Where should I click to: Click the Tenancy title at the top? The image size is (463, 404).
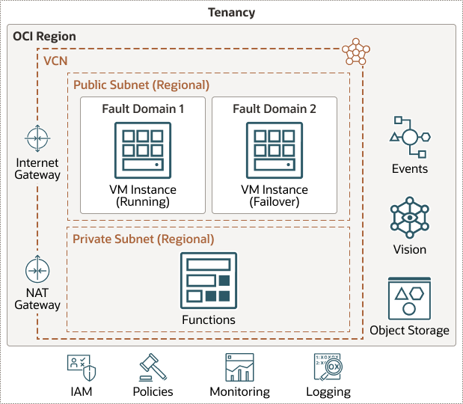pyautogui.click(x=231, y=12)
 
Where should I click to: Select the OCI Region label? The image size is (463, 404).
pyautogui.click(x=44, y=36)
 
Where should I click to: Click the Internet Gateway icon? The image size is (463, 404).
pyautogui.click(x=37, y=138)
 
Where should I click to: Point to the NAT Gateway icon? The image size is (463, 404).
pyautogui.click(x=37, y=269)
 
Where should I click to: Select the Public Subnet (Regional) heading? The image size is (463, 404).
pyautogui.click(x=141, y=85)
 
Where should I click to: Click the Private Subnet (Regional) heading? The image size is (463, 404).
pyautogui.click(x=143, y=239)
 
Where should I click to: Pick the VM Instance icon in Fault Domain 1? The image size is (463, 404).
pyautogui.click(x=143, y=150)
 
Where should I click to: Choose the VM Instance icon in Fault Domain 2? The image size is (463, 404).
pyautogui.click(x=274, y=150)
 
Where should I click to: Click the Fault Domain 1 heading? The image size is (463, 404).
pyautogui.click(x=143, y=109)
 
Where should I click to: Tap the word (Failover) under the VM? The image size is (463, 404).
pyautogui.click(x=274, y=201)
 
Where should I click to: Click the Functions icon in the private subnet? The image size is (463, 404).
pyautogui.click(x=208, y=281)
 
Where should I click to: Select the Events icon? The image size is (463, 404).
pyautogui.click(x=409, y=136)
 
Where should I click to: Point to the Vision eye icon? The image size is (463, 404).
pyautogui.click(x=409, y=218)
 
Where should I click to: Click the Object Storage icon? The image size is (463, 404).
pyautogui.click(x=409, y=298)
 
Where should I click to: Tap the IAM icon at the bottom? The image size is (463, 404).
pyautogui.click(x=81, y=368)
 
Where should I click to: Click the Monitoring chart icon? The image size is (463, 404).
pyautogui.click(x=239, y=368)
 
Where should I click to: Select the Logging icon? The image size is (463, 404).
pyautogui.click(x=328, y=368)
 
